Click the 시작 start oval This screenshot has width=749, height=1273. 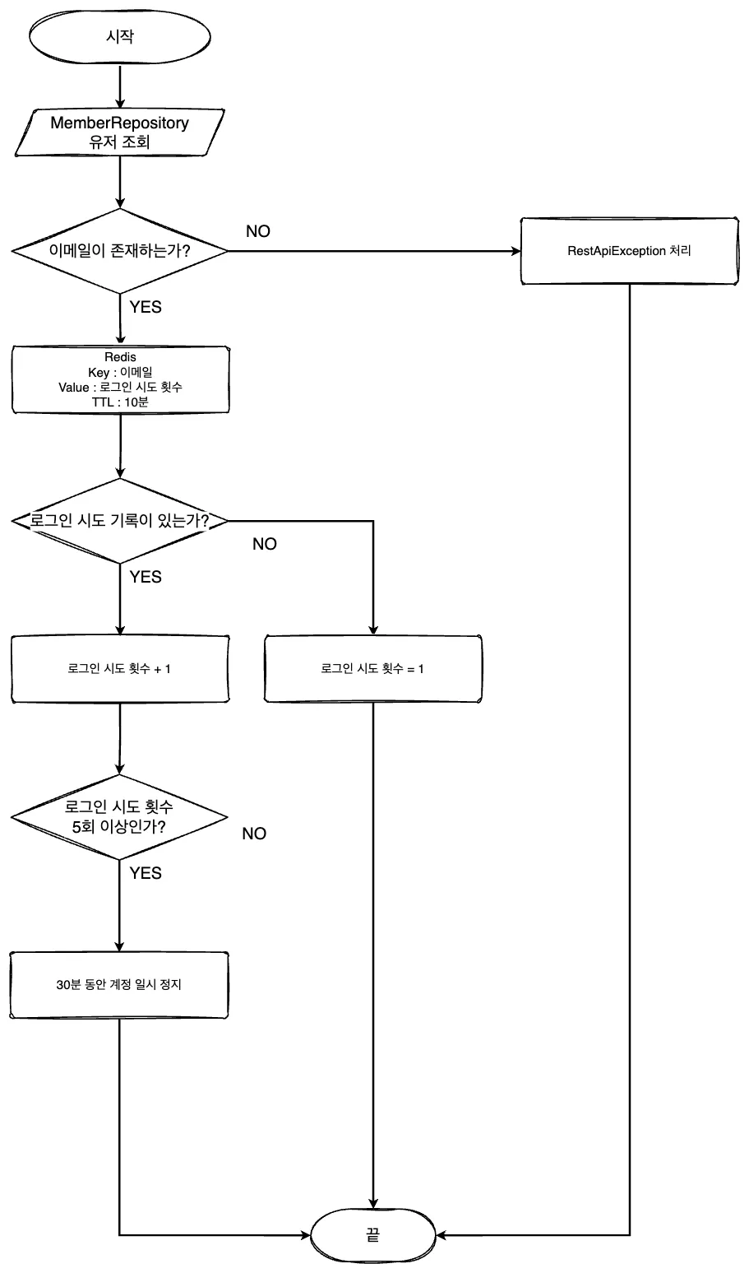click(120, 36)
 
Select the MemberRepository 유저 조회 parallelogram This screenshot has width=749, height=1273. click(120, 132)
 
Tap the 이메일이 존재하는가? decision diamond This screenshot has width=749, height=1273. click(120, 251)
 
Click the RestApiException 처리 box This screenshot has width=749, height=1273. click(629, 251)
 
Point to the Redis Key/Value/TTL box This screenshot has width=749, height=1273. click(120, 379)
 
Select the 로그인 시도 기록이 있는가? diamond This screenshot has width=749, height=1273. click(120, 521)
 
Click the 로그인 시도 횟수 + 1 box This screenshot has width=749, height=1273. click(120, 669)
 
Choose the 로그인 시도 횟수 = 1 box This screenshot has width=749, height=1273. click(373, 669)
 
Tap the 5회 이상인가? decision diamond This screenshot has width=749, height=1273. click(119, 817)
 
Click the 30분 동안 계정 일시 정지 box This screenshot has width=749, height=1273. click(119, 985)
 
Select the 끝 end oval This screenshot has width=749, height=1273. click(373, 1234)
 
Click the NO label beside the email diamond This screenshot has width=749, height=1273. click(258, 231)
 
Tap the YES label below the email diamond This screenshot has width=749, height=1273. click(146, 307)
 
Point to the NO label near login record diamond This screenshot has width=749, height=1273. click(265, 544)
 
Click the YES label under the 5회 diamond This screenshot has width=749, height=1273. click(146, 873)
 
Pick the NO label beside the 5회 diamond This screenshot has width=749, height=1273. click(254, 834)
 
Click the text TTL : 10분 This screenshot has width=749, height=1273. click(120, 402)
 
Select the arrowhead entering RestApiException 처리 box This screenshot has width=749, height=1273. click(516, 251)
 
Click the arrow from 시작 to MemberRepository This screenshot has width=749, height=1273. click(120, 86)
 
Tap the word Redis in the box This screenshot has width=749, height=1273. click(120, 357)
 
